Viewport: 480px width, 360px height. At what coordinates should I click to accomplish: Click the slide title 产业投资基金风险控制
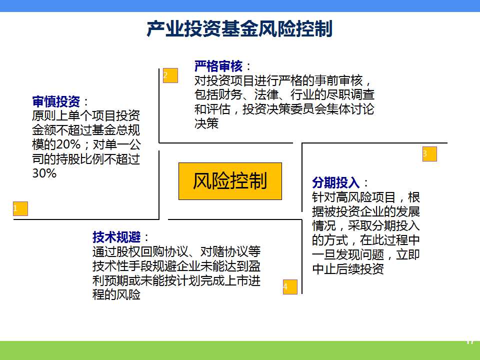click(239, 29)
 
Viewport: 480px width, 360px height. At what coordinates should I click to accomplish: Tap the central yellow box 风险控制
click(230, 181)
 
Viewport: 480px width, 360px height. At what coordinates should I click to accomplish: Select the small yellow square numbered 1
click(20, 209)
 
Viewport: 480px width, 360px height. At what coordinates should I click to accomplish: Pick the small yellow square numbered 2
click(170, 75)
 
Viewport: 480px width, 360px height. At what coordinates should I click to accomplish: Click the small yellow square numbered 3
click(430, 154)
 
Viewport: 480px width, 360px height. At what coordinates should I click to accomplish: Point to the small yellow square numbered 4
click(290, 287)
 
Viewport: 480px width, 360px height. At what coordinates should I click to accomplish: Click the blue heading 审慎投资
click(56, 101)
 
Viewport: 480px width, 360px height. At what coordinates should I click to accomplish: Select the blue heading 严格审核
click(218, 66)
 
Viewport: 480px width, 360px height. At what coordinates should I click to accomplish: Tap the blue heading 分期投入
click(336, 182)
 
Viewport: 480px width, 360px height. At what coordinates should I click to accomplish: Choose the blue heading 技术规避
click(116, 237)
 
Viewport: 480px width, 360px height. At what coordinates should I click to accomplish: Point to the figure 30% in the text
click(44, 173)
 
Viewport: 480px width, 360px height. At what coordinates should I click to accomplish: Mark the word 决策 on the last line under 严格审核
click(206, 123)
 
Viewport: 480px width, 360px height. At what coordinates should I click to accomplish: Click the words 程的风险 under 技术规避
click(116, 294)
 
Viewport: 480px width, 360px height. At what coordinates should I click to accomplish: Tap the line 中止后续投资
click(348, 269)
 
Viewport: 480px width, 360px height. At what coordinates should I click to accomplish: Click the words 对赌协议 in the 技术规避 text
click(230, 251)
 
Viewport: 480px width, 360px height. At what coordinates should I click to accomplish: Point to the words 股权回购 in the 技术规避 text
click(140, 251)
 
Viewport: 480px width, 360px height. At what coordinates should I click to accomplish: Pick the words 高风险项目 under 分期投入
click(366, 197)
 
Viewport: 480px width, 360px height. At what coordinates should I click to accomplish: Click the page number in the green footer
click(470, 341)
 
